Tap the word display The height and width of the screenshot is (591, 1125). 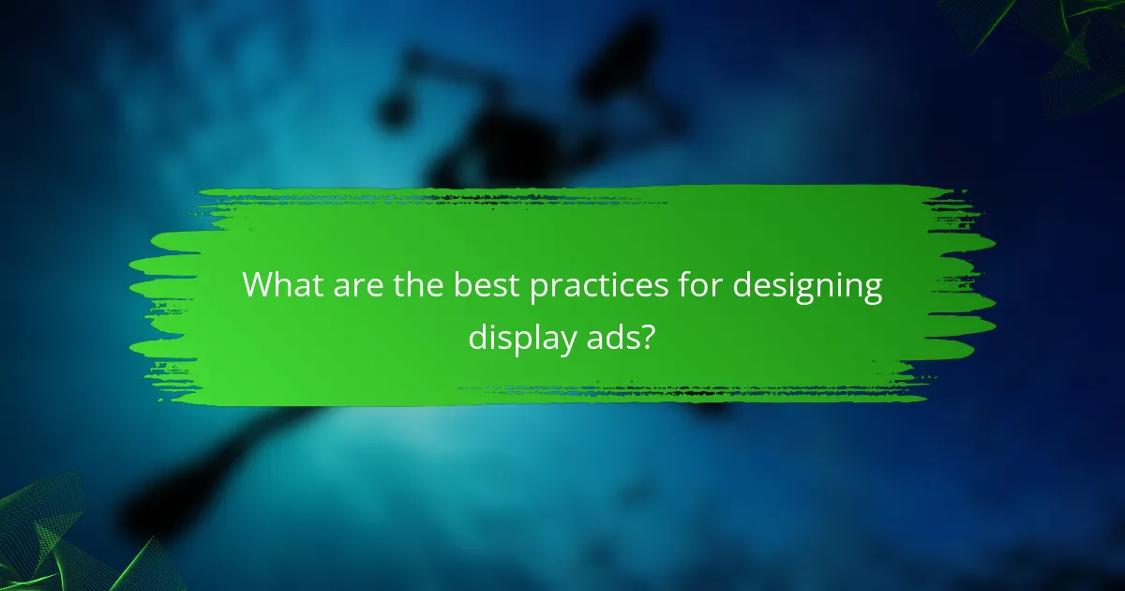(x=522, y=337)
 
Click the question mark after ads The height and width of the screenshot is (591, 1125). (x=650, y=335)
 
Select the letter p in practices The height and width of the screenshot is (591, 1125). (x=538, y=290)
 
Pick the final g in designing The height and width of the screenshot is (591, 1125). (x=872, y=290)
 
